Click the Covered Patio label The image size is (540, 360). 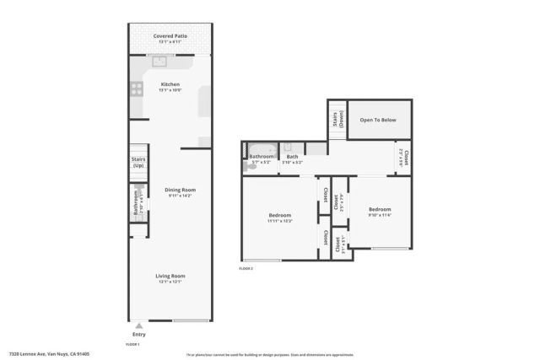170,36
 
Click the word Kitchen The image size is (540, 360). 170,84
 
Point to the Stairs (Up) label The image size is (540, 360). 138,162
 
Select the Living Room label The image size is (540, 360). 170,276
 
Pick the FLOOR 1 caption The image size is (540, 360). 132,345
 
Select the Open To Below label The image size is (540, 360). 379,120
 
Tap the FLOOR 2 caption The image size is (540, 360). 246,267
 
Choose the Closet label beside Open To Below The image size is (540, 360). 404,157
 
